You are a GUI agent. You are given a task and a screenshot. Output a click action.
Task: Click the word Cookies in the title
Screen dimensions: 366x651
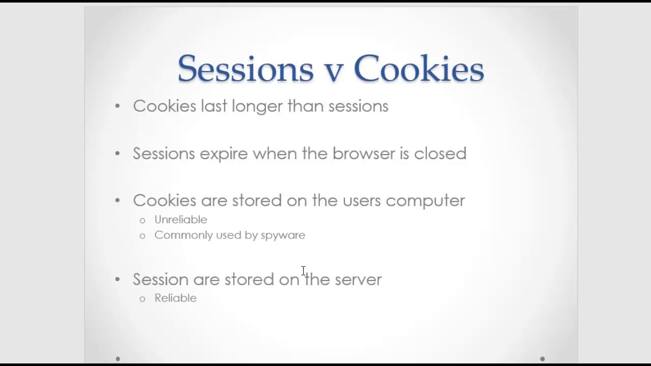pyautogui.click(x=419, y=69)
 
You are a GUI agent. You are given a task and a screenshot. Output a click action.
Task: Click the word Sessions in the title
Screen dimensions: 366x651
pyautogui.click(x=246, y=69)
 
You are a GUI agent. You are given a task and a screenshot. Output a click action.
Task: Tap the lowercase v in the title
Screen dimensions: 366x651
pyautogui.click(x=333, y=71)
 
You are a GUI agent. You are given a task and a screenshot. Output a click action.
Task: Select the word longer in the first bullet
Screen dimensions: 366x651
pyautogui.click(x=257, y=106)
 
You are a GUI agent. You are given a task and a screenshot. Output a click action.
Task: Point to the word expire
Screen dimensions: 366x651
pyautogui.click(x=224, y=154)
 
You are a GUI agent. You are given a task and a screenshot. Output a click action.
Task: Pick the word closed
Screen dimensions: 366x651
pyautogui.click(x=440, y=154)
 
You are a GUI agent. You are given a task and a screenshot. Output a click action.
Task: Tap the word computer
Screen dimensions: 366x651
pyautogui.click(x=425, y=201)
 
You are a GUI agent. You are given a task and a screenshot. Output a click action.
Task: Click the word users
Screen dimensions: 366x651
pyautogui.click(x=362, y=201)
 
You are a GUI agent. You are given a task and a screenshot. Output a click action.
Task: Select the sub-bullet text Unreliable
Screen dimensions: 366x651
pyautogui.click(x=181, y=220)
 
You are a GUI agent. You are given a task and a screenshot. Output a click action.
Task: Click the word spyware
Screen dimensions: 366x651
pyautogui.click(x=283, y=235)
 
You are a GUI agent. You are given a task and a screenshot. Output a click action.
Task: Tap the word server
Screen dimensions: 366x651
pyautogui.click(x=358, y=280)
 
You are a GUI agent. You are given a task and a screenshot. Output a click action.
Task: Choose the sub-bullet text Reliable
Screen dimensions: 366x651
pyautogui.click(x=175, y=298)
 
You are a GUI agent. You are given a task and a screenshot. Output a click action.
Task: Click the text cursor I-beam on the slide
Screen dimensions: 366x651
pyautogui.click(x=303, y=271)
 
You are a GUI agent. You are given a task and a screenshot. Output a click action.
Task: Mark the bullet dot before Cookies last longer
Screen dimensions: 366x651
pyautogui.click(x=117, y=106)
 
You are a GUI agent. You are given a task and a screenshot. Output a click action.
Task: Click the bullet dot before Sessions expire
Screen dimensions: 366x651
pyautogui.click(x=117, y=154)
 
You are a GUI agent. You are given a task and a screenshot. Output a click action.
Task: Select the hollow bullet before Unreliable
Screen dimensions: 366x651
pyautogui.click(x=142, y=220)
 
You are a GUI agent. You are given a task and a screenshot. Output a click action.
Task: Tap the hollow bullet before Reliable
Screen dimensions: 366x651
pyautogui.click(x=142, y=298)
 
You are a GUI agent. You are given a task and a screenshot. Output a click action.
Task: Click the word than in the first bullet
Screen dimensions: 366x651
pyautogui.click(x=306, y=106)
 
